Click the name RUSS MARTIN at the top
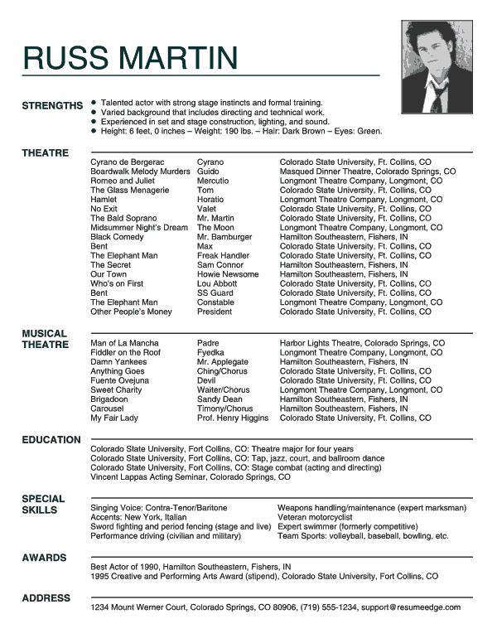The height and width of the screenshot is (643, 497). [130, 57]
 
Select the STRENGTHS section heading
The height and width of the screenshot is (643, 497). [52, 106]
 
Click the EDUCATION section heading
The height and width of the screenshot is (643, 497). [51, 440]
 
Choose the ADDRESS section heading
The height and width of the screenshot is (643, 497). [46, 598]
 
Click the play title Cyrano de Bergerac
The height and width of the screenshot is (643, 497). [128, 162]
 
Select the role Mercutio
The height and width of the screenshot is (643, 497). [213, 181]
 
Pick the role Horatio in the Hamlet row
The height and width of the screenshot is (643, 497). [210, 200]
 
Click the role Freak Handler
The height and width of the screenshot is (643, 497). [223, 256]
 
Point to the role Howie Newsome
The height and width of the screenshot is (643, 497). [228, 274]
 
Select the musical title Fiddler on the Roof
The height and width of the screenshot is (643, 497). [125, 352]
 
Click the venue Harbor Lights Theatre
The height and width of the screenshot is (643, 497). [325, 343]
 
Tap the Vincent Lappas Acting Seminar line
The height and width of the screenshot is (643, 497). [191, 477]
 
